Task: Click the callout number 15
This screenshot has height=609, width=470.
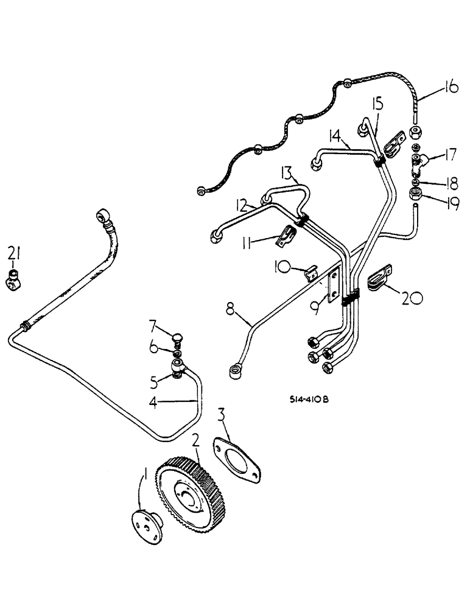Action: point(378,105)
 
